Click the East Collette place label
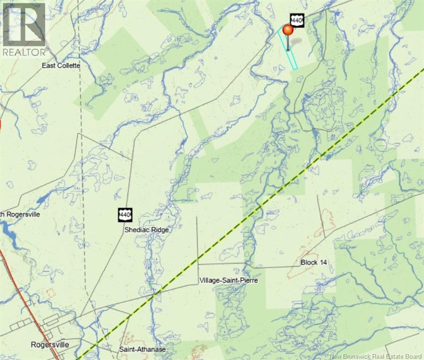coord(61,66)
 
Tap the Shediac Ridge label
coord(146,230)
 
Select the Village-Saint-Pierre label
coord(228,280)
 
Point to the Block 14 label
coord(314,262)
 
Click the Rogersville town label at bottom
coord(50,345)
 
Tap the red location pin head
coord(288,30)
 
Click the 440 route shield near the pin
coord(297,20)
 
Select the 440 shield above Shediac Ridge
coord(125,215)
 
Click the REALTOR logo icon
coord(23,23)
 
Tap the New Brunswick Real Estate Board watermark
coord(376,356)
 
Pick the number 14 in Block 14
coord(322,262)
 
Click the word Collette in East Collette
coord(69,66)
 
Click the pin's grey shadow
coord(295,43)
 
